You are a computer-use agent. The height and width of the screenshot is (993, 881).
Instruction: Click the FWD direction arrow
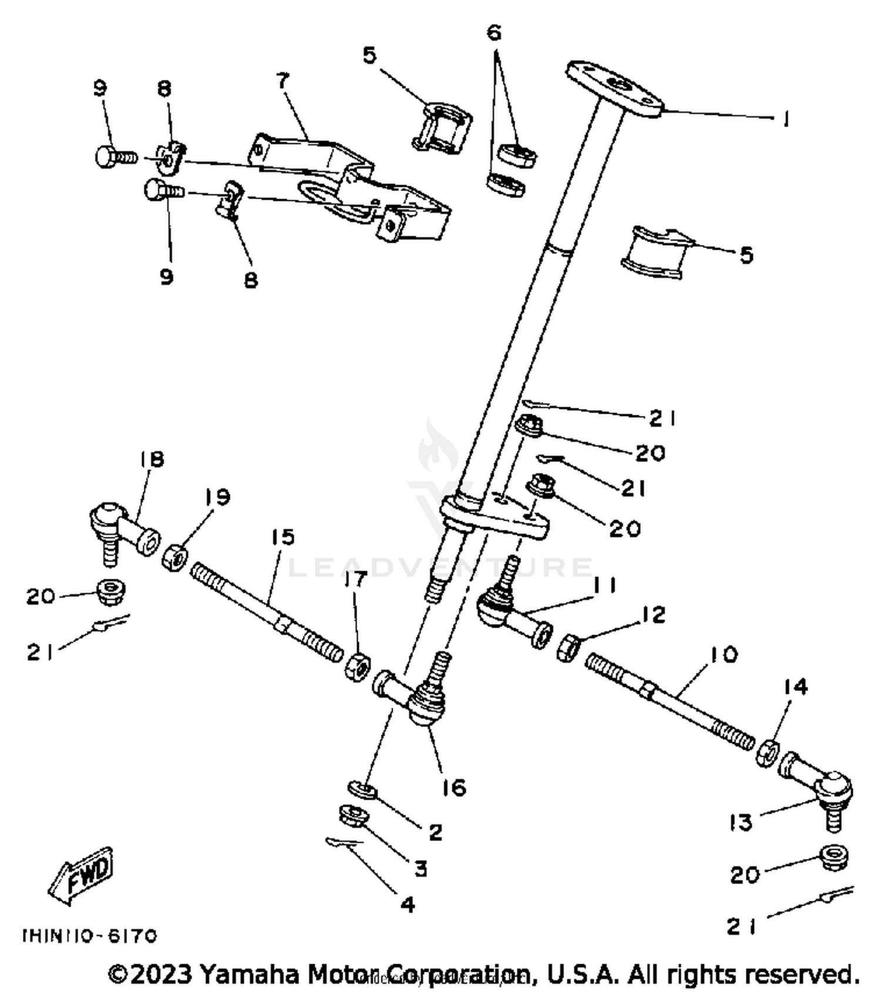tap(81, 875)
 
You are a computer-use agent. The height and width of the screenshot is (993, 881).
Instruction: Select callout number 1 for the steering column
tap(785, 119)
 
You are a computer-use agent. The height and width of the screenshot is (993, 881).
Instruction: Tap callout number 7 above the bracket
tap(284, 81)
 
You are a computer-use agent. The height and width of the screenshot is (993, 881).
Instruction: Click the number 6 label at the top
tap(495, 33)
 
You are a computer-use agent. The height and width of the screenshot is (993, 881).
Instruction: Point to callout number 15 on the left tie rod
tap(283, 536)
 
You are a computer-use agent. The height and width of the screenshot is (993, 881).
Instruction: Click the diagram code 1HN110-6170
tap(89, 935)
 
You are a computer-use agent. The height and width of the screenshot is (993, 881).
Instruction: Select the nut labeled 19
tap(175, 555)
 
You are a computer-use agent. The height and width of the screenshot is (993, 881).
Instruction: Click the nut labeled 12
tap(568, 648)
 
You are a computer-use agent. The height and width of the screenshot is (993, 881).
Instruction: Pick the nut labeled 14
tap(768, 753)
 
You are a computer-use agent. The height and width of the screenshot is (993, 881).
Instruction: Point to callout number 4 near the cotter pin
tap(408, 904)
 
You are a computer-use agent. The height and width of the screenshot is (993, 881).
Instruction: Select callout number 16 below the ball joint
tap(454, 787)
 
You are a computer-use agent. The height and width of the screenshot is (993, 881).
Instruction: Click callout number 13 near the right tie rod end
tap(741, 823)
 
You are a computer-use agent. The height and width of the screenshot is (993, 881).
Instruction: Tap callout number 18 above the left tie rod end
tap(152, 459)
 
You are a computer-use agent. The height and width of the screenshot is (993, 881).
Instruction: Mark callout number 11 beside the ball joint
tap(604, 585)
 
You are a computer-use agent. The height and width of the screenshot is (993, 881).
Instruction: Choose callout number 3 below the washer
tap(421, 868)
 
